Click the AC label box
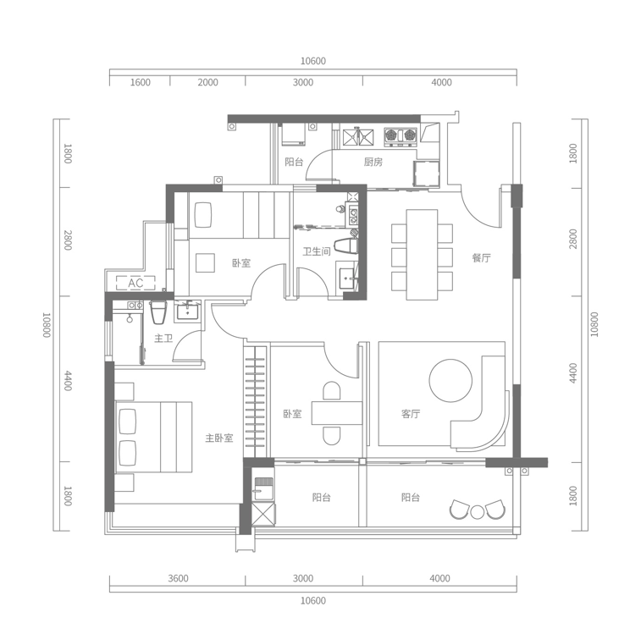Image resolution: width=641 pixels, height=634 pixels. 136,283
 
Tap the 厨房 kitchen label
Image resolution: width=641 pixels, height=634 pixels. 373,162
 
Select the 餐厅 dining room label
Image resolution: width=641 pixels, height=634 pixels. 482,257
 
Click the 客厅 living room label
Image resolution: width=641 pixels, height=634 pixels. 411,414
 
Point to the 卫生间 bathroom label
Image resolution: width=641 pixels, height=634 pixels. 317,251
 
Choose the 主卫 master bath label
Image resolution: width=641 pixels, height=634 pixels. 163,339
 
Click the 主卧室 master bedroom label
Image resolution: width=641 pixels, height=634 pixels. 218,438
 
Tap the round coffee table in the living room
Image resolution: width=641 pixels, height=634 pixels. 450,381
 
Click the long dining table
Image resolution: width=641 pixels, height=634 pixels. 422,255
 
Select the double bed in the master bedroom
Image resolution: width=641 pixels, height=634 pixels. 153,437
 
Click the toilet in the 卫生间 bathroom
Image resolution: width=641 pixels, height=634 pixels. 346,246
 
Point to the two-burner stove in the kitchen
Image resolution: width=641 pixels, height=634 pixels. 401,135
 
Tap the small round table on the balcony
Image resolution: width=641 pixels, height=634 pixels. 478,511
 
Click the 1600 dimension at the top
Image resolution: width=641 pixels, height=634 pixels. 141,82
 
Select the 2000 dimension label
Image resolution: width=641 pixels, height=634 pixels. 207,82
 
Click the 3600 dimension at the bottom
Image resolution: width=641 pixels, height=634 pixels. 178,579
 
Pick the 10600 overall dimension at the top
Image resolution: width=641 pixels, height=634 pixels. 312,61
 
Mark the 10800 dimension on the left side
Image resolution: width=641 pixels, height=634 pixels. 47,325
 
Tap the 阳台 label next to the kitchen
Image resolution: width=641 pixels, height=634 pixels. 294,162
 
